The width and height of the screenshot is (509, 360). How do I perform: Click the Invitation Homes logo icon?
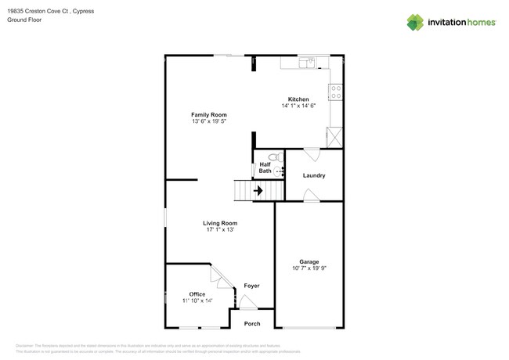(x=415, y=23)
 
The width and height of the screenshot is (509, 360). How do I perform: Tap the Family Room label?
(x=209, y=115)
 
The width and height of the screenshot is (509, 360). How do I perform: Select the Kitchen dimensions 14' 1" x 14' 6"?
(x=298, y=106)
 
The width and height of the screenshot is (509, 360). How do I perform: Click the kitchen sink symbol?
(x=309, y=63)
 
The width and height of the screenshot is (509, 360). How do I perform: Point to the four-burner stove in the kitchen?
(x=336, y=92)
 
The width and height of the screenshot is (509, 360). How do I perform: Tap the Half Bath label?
(x=265, y=167)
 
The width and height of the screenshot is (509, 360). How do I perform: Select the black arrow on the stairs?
(x=258, y=190)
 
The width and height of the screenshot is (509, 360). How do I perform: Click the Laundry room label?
(x=314, y=175)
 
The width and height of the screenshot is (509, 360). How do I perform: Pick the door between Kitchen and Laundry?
(x=312, y=154)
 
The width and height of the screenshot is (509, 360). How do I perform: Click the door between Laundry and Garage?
(x=312, y=196)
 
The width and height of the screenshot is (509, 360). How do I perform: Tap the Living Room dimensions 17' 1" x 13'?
(x=220, y=230)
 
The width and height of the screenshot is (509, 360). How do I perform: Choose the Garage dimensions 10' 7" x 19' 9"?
(x=309, y=268)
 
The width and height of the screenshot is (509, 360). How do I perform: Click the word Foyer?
(x=251, y=286)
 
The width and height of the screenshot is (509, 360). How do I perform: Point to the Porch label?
(x=252, y=323)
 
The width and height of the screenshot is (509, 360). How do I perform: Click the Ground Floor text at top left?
(x=24, y=20)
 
